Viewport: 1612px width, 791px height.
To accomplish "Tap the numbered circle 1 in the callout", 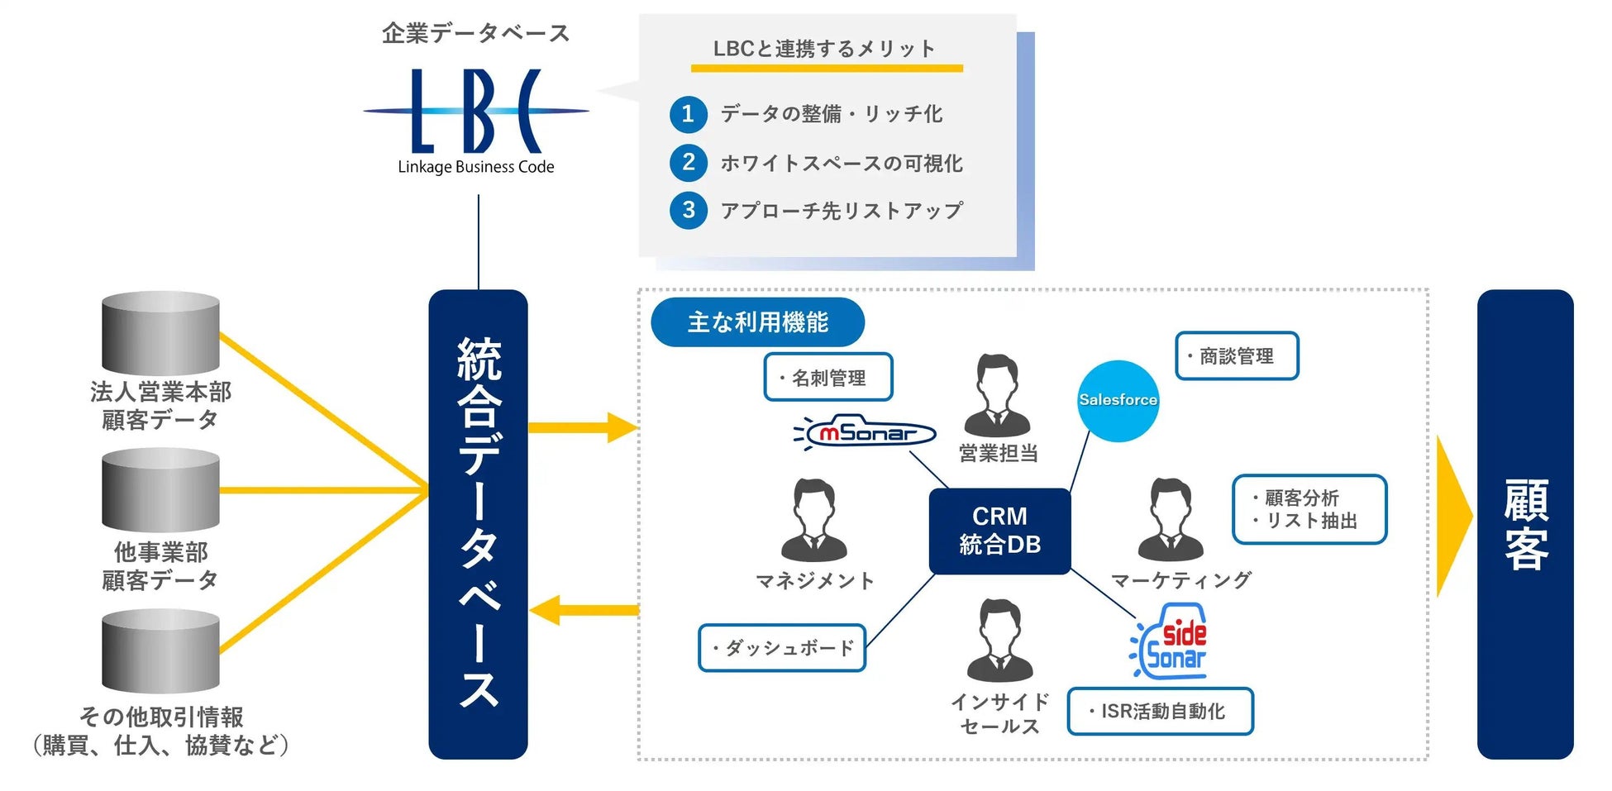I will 688,114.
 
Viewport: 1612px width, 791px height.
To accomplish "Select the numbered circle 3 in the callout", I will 688,210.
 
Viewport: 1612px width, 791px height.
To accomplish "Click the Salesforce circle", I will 1118,401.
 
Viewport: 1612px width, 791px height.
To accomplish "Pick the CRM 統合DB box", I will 999,531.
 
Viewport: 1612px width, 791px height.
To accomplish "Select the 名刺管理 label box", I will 827,378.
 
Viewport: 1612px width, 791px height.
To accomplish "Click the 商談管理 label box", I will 1236,356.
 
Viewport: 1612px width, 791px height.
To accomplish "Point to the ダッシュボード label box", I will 781,648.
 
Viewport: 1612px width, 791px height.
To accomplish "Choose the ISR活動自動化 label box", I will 1160,711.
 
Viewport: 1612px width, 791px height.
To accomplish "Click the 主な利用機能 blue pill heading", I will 757,322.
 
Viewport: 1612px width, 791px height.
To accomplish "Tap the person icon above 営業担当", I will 998,395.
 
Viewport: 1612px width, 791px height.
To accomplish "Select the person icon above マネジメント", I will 814,521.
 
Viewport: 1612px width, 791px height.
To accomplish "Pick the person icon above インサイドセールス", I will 999,641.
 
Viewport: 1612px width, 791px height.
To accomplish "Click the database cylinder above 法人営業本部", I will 160,332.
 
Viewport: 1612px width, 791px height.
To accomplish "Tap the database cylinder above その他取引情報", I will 160,651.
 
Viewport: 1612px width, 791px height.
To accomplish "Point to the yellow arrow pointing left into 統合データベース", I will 583,611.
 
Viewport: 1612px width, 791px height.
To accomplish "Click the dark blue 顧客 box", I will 1524,524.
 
